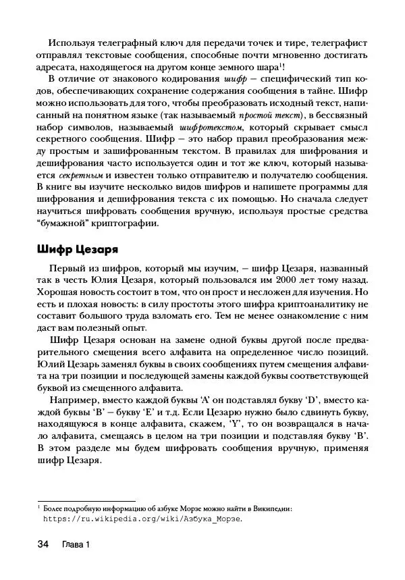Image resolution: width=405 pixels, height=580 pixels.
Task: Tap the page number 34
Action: (x=43, y=544)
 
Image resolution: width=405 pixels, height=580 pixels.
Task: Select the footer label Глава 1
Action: (x=75, y=545)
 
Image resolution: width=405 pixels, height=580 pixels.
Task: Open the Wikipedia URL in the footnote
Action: (x=142, y=520)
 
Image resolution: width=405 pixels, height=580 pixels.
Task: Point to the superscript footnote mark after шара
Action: (x=282, y=65)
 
